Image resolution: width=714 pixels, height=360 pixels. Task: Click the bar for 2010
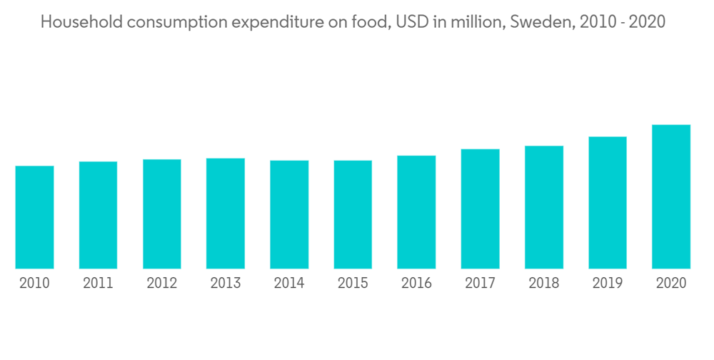(x=34, y=217)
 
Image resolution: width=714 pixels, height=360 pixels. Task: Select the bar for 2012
(x=162, y=214)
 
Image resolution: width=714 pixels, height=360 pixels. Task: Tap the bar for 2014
(x=289, y=214)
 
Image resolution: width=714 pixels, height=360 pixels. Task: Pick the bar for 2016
(x=416, y=212)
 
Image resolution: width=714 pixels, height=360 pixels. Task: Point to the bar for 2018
(x=544, y=207)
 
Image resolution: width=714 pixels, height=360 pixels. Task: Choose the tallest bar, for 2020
(x=671, y=196)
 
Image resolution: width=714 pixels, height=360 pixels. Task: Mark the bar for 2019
(x=608, y=203)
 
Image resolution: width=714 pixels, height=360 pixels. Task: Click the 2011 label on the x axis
(x=98, y=284)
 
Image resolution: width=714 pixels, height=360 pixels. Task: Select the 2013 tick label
(x=226, y=284)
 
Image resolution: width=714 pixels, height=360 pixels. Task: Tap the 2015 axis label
(x=353, y=284)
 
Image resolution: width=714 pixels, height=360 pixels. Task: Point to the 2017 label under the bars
(x=480, y=284)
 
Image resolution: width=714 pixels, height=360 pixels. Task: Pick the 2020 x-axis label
(x=671, y=284)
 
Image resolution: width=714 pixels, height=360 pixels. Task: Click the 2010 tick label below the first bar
(x=34, y=284)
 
